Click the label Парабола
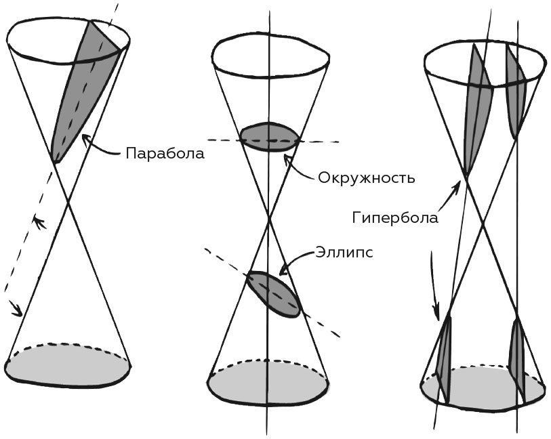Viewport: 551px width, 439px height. (165, 152)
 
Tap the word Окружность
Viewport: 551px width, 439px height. (366, 179)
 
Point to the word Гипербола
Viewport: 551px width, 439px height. (395, 217)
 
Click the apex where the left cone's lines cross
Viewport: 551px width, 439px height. (68, 203)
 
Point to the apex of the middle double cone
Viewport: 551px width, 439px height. (269, 218)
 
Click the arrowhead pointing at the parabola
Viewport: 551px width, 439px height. (83, 138)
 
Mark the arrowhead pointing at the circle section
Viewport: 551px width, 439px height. (288, 159)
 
